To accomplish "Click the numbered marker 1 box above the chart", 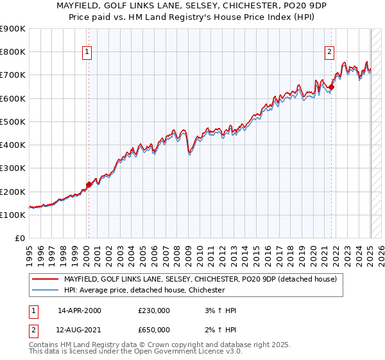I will [87, 53].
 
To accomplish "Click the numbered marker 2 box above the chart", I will [329, 53].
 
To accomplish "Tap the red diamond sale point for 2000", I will [89, 184].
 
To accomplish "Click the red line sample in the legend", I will [45, 279].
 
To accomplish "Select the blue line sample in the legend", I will [45, 291].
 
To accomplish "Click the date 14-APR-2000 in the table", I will [80, 310].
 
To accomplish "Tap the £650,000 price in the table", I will [154, 330].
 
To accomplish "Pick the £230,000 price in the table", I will [154, 310].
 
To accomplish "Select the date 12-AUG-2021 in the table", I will [80, 330].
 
